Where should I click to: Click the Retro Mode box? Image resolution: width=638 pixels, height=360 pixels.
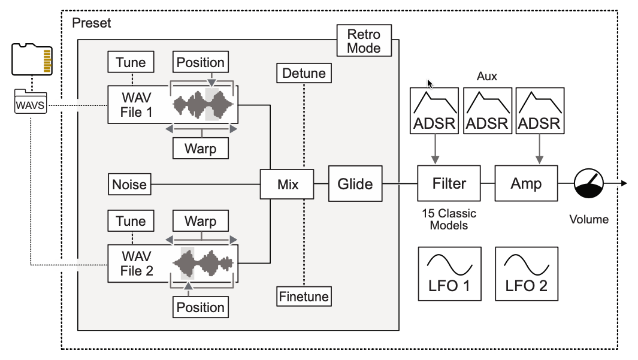click(x=364, y=41)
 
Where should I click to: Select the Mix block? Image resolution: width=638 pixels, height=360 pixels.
click(x=287, y=184)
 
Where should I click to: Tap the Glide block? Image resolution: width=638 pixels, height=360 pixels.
click(x=355, y=184)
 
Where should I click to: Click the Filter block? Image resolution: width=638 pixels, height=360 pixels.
click(x=449, y=184)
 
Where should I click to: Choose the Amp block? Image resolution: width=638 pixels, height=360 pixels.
click(x=527, y=184)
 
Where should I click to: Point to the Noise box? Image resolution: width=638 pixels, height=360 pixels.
click(x=129, y=184)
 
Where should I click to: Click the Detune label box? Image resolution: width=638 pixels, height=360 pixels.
click(x=304, y=74)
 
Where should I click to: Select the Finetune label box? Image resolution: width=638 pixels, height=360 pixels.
click(x=304, y=296)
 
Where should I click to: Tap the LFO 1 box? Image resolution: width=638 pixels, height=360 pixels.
click(x=449, y=274)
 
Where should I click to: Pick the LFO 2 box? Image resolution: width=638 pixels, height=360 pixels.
click(x=527, y=274)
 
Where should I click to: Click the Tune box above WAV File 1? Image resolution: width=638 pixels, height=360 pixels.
click(x=131, y=62)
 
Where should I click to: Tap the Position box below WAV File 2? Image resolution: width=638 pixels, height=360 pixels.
click(x=200, y=307)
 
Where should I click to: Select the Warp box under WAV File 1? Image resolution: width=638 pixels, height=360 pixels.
click(x=200, y=147)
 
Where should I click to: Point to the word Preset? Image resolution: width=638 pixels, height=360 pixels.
click(x=91, y=23)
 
